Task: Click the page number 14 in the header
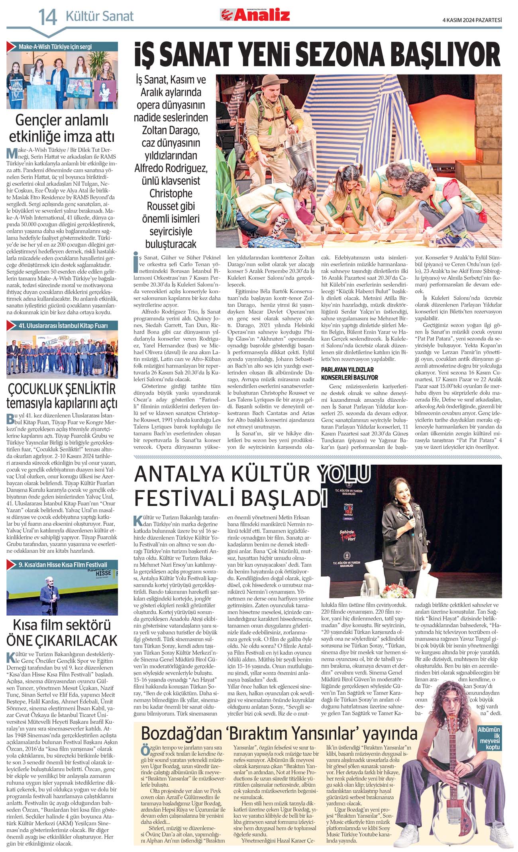click(x=47, y=17)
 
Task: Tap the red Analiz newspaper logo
click(x=255, y=16)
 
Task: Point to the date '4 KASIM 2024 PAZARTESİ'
click(x=472, y=20)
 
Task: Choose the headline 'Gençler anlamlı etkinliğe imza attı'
click(x=62, y=128)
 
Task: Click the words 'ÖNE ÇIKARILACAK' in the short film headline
click(x=62, y=640)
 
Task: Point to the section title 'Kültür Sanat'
click(x=99, y=16)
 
